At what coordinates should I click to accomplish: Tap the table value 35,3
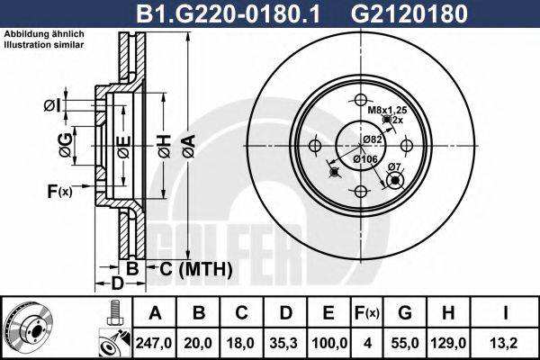tap(287, 341)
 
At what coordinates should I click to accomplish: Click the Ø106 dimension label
tap(364, 159)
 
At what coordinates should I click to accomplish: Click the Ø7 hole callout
tap(393, 167)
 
